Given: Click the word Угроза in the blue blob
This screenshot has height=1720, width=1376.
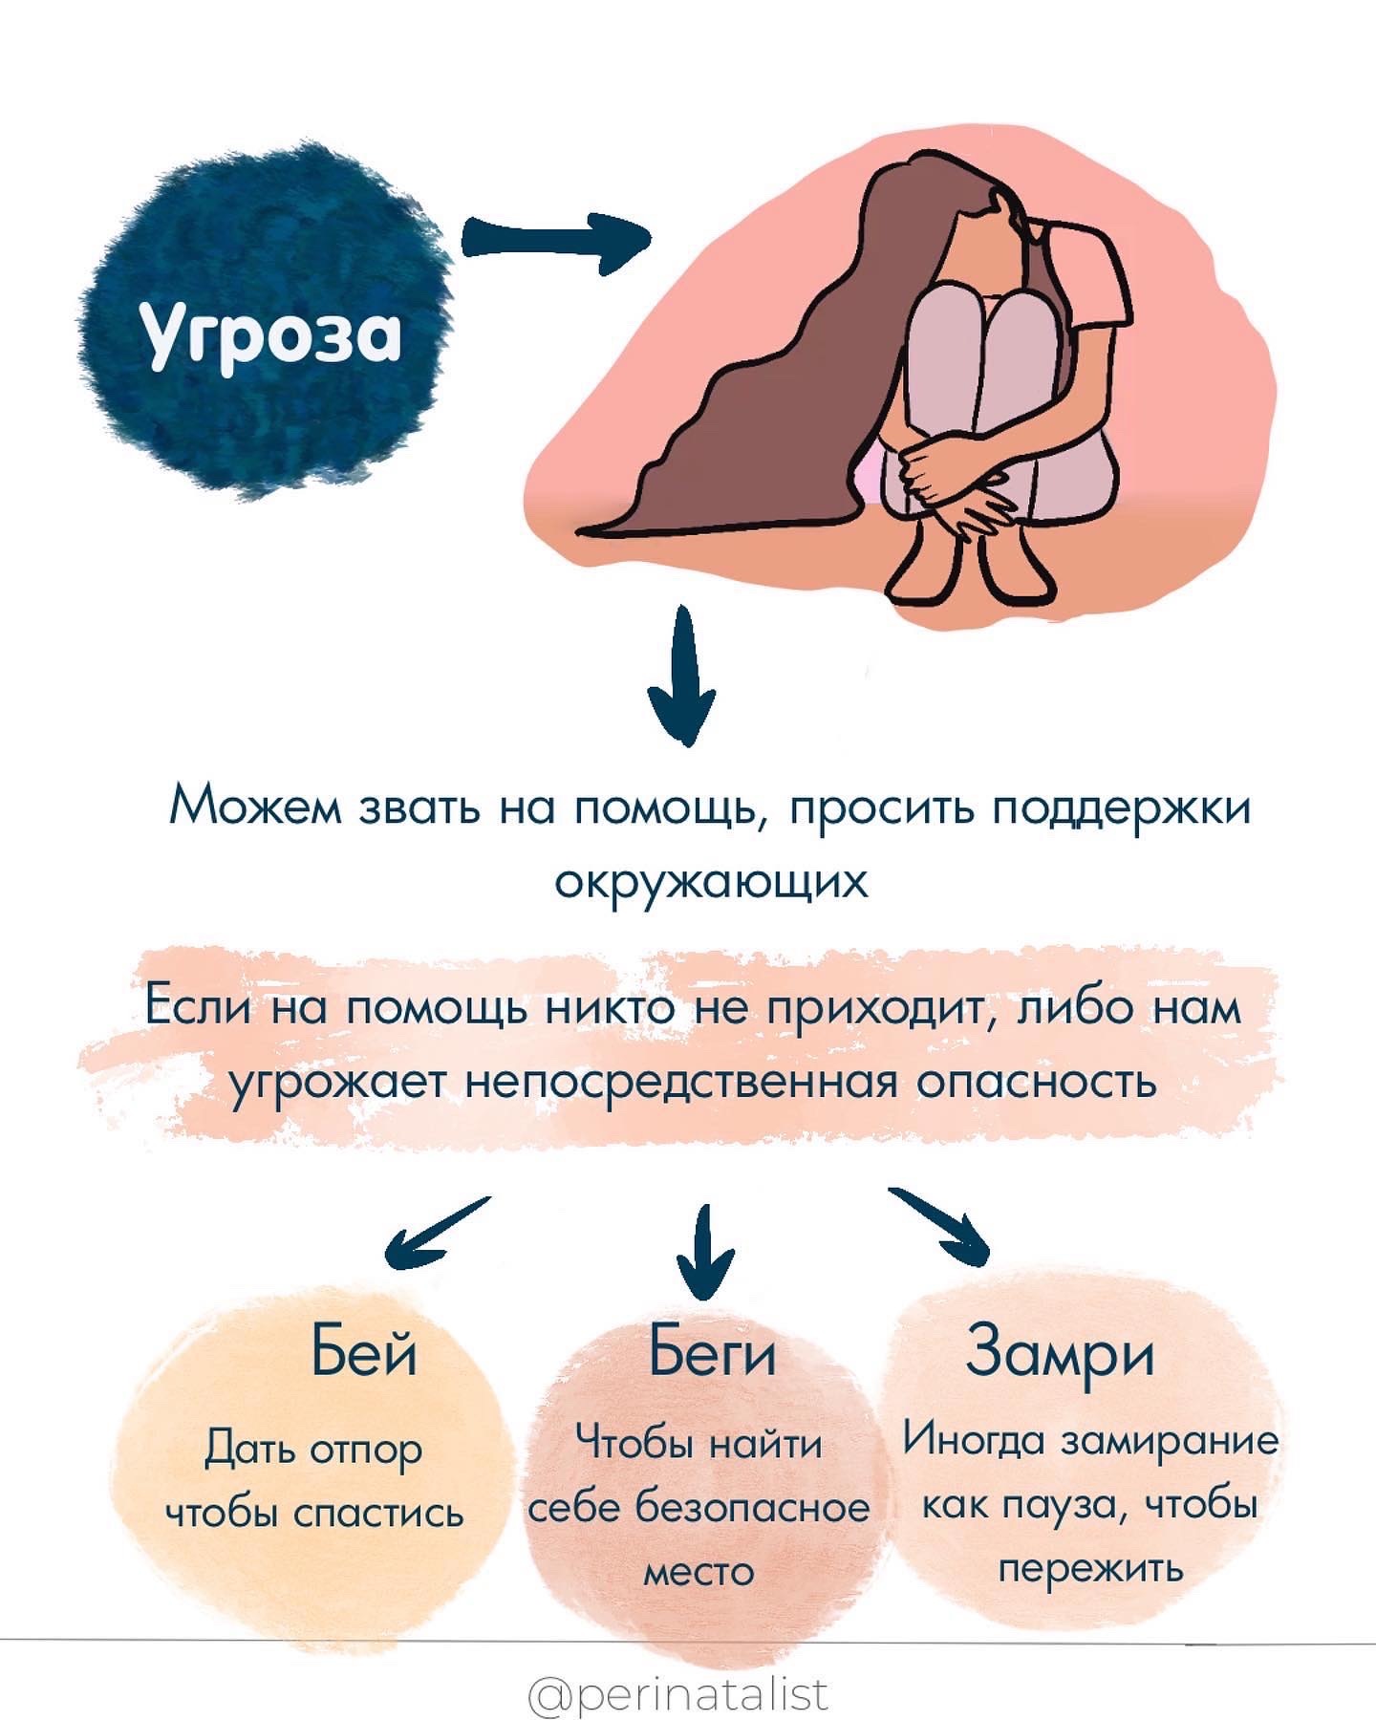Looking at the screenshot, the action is point(270,334).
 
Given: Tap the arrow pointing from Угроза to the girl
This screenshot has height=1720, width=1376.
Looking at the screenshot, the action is point(554,241).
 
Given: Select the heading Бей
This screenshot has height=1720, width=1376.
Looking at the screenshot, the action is point(364,1351).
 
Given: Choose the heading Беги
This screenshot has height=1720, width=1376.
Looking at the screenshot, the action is point(712,1351).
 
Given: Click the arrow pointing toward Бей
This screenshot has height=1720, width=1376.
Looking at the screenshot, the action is point(435,1233).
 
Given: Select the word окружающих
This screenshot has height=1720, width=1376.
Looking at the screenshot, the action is point(712,880).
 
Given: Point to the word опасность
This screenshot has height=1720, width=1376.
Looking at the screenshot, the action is point(1037,1082).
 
